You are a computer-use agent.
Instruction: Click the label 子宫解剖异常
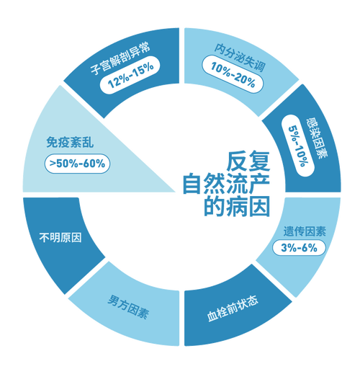120,58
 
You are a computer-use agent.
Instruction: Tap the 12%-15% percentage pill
130,75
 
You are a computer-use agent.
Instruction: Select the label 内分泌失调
240,58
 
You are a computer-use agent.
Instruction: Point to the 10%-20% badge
233,74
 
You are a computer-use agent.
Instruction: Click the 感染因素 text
317,138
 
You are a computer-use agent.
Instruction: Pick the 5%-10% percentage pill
298,146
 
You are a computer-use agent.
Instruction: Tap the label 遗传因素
305,231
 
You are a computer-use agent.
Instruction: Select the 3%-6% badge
299,248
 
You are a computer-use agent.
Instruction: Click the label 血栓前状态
233,309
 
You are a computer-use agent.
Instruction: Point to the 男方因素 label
128,306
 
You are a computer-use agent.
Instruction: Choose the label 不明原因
60,237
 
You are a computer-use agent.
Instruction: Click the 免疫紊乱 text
70,142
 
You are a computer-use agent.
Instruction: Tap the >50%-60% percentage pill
77,164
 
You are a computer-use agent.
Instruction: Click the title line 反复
248,161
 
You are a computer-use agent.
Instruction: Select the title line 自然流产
226,184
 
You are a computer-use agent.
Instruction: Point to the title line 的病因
237,206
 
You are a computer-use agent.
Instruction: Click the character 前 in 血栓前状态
233,309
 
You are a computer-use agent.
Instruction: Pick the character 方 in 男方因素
123,304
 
